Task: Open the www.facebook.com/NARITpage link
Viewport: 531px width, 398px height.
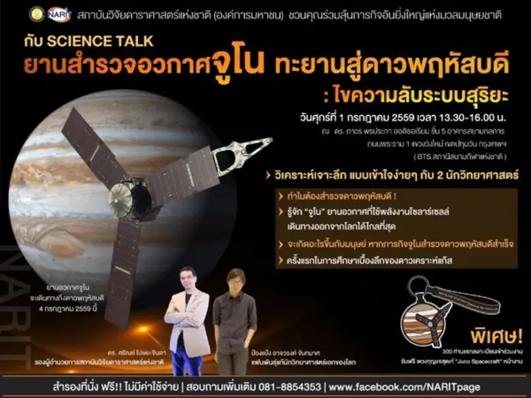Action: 428,386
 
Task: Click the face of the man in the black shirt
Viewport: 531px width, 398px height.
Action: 236,281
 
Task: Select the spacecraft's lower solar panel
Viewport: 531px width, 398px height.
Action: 120,271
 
